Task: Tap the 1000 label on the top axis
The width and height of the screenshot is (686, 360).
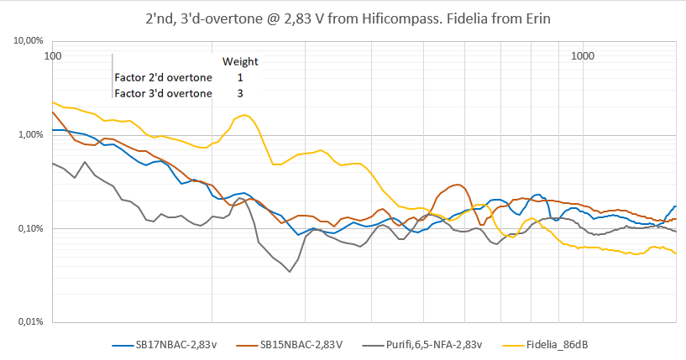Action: (x=582, y=56)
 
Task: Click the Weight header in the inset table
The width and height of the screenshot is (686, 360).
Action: (x=239, y=61)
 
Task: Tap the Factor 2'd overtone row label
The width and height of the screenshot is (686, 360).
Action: (x=164, y=77)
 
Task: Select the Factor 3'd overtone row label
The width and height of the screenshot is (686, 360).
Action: (x=164, y=92)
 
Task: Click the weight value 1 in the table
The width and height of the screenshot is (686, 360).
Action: (x=240, y=77)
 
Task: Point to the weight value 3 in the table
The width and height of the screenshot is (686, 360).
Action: (x=240, y=92)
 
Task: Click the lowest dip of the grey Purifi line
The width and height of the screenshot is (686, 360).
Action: (x=290, y=272)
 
